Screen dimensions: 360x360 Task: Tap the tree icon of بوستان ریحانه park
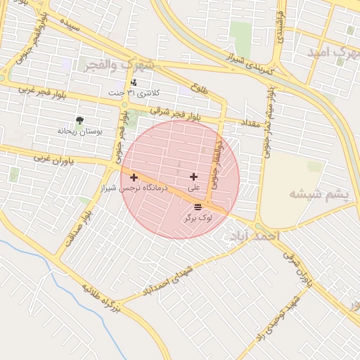(79, 120)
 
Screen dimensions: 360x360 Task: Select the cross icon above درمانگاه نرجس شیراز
(134, 177)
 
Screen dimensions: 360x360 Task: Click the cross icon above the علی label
(194, 176)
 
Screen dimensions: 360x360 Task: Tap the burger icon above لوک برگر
(198, 207)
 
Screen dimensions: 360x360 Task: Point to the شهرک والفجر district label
(131, 65)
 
